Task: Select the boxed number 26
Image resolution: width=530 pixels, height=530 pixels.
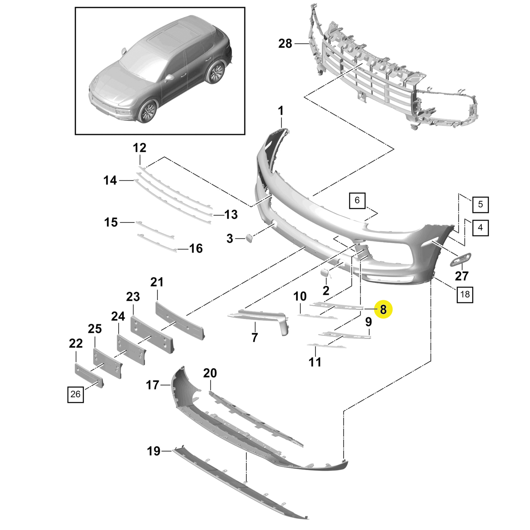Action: coord(75,394)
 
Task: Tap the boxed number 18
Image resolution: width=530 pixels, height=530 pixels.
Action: coord(465,294)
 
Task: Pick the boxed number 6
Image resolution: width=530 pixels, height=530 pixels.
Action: coord(357,200)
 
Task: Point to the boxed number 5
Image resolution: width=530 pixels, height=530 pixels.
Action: coord(480,204)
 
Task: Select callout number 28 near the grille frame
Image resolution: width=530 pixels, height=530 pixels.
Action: coord(285,44)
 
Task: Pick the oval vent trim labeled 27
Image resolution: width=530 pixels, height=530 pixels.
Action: coord(460,259)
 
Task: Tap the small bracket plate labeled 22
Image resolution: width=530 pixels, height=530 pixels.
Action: coord(89,375)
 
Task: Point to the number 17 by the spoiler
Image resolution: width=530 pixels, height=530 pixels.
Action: coord(153,385)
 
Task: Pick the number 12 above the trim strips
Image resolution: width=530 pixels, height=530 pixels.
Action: coord(139,148)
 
